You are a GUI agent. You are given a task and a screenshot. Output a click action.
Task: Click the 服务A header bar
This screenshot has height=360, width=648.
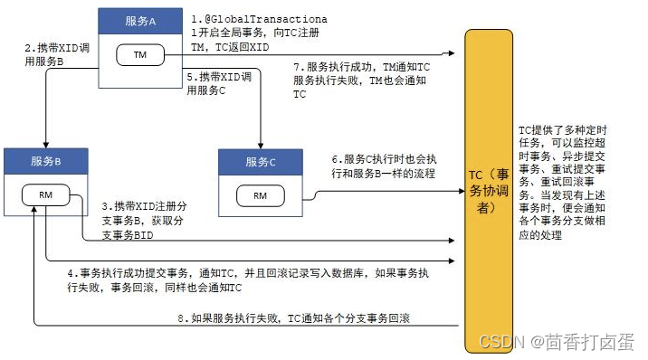pos(140,20)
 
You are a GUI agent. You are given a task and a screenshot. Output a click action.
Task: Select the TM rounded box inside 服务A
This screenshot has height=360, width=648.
pos(139,55)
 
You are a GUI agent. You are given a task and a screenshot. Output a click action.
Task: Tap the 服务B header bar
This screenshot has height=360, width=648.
pos(45,161)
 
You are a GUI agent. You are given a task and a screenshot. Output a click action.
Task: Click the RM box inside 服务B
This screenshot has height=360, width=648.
pos(45,196)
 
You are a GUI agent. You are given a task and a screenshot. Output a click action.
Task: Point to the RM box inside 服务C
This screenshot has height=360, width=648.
pos(261,195)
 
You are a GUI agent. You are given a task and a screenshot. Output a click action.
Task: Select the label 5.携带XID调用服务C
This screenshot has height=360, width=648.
pos(218,85)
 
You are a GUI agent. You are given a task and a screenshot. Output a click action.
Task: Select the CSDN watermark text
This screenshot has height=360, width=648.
pos(561,343)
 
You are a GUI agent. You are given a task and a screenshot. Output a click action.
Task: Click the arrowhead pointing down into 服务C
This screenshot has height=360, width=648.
pos(261,145)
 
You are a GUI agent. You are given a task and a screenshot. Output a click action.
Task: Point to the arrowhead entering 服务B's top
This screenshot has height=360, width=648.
pos(45,145)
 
